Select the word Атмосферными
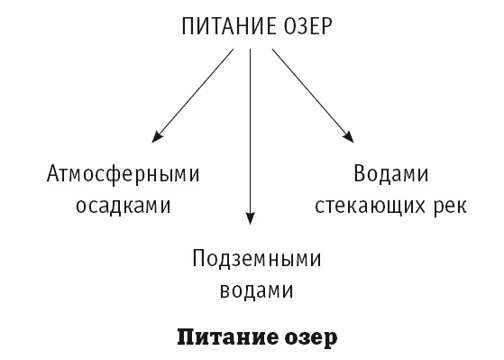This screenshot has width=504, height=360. (x=123, y=174)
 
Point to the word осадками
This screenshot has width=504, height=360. (x=123, y=206)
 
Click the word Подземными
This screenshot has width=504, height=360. (x=256, y=261)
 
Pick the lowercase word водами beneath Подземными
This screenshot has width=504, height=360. (x=256, y=292)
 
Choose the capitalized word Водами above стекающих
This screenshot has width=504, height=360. (x=390, y=174)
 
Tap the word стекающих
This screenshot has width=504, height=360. (x=371, y=206)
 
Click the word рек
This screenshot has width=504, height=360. (x=448, y=206)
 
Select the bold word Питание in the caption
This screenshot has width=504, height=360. (x=229, y=340)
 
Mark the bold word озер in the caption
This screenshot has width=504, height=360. (x=311, y=340)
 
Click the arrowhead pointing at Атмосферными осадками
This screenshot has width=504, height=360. (x=157, y=137)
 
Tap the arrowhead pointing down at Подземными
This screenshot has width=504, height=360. (x=251, y=217)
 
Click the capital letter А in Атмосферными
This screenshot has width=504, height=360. (x=51, y=173)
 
